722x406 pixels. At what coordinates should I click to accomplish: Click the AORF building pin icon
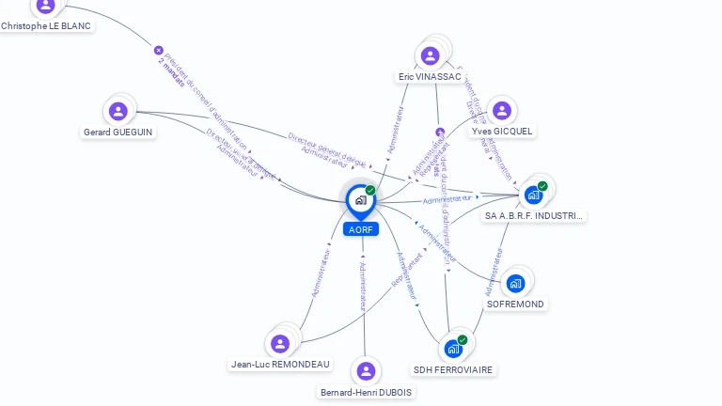click(360, 200)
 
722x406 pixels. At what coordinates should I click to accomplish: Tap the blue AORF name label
click(360, 229)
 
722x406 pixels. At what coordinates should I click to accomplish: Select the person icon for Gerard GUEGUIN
click(118, 111)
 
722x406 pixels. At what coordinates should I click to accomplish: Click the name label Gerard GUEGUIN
click(118, 133)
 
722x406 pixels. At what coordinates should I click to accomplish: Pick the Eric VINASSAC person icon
click(431, 55)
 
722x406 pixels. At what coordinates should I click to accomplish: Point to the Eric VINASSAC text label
click(430, 76)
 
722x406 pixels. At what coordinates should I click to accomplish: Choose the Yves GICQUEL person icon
click(502, 111)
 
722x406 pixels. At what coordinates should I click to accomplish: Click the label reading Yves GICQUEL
click(503, 132)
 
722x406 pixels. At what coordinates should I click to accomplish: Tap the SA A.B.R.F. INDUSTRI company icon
click(533, 195)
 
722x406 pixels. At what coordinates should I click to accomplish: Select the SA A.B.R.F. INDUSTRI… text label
click(533, 216)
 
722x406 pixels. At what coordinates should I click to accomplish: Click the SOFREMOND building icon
click(515, 283)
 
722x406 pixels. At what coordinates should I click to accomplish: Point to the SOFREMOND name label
click(515, 304)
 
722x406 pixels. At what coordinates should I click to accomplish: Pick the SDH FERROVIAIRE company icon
click(454, 349)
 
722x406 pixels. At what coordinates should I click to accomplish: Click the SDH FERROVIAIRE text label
click(454, 370)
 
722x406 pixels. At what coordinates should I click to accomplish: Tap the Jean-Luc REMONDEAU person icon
click(279, 343)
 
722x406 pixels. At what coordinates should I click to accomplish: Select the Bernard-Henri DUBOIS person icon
click(366, 371)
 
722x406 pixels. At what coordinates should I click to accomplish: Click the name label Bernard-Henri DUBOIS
click(366, 393)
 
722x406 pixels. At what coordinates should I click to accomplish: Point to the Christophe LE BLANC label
click(46, 26)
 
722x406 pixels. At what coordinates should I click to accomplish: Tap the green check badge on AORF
click(370, 190)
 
